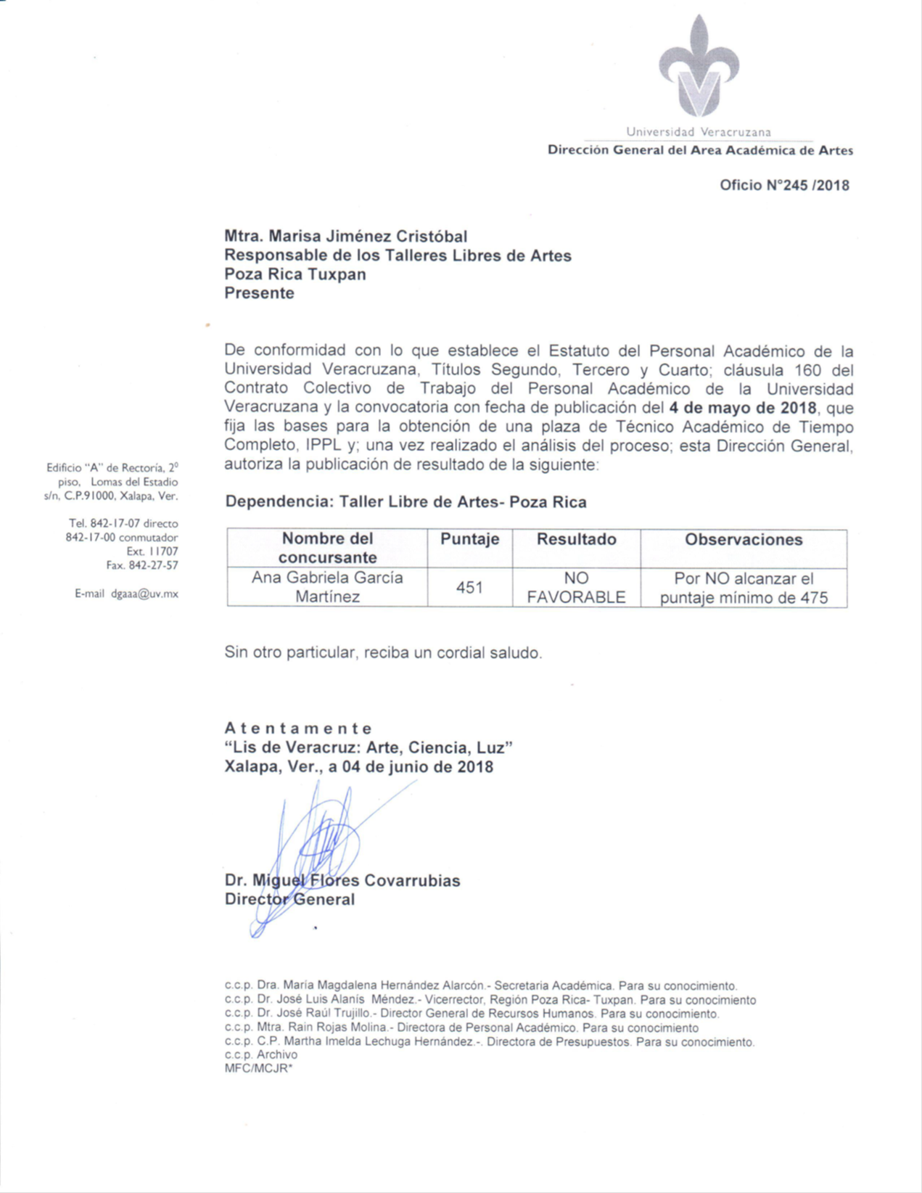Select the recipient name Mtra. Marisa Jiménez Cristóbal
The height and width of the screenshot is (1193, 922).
point(345,237)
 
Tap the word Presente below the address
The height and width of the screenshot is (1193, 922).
point(259,293)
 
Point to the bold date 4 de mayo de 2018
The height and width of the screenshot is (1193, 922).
point(743,407)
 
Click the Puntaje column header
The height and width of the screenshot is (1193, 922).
point(469,539)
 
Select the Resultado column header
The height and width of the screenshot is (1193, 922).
point(576,539)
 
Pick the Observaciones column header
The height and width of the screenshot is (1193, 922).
point(744,539)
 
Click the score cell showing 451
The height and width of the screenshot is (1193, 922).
point(469,587)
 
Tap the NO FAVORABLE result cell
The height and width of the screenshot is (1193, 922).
point(576,588)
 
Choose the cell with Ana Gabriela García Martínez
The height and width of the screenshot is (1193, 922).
point(327,587)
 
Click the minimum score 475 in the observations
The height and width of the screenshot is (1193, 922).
point(812,599)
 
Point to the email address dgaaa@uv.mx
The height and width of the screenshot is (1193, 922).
point(144,594)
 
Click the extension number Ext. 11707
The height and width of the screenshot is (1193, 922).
point(152,552)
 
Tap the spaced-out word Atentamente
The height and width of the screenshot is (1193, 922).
point(298,728)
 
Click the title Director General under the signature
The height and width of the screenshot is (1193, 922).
point(289,900)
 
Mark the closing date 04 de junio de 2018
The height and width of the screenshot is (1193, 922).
point(411,767)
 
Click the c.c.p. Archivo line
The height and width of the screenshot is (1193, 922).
point(261,1054)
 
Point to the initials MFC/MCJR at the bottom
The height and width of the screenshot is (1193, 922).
point(258,1068)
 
